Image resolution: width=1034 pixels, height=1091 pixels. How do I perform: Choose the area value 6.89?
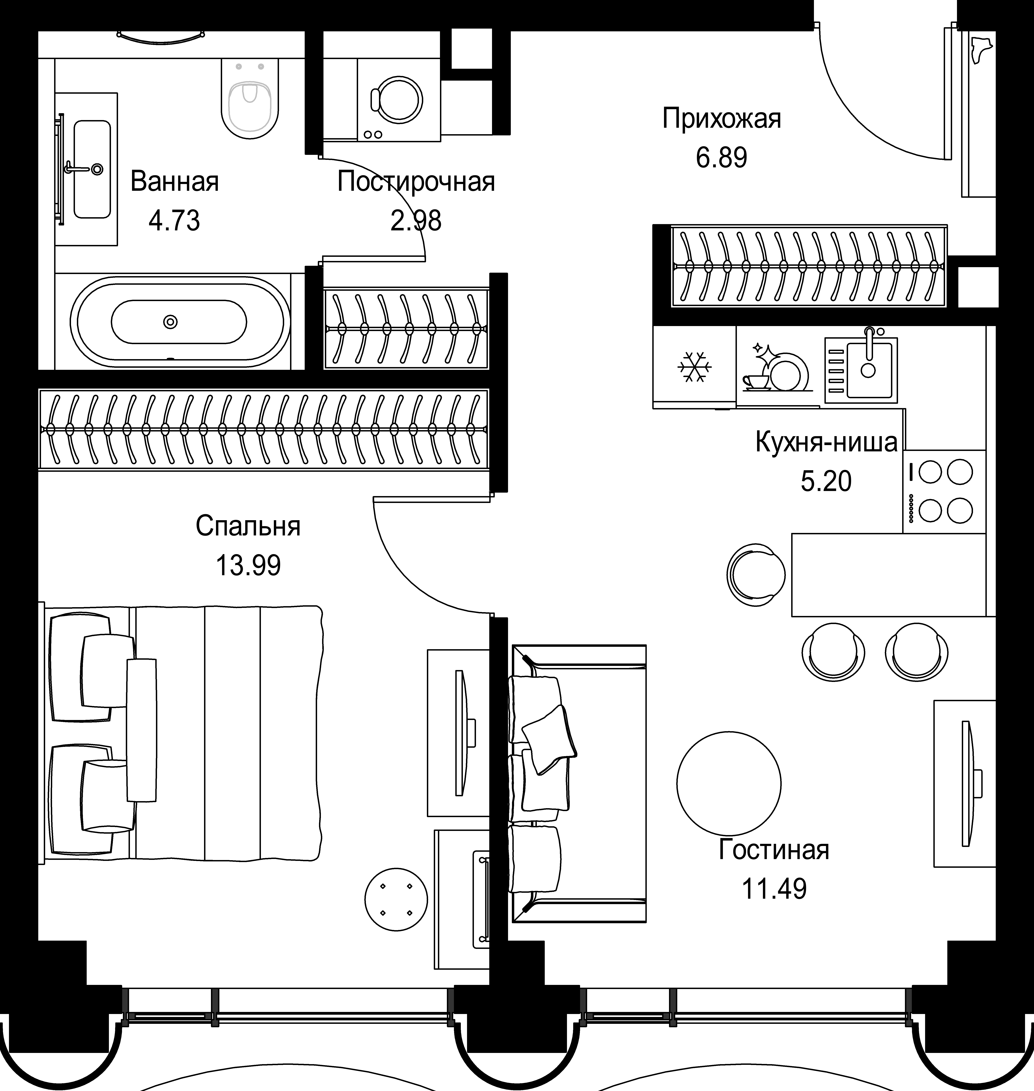tap(722, 158)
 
